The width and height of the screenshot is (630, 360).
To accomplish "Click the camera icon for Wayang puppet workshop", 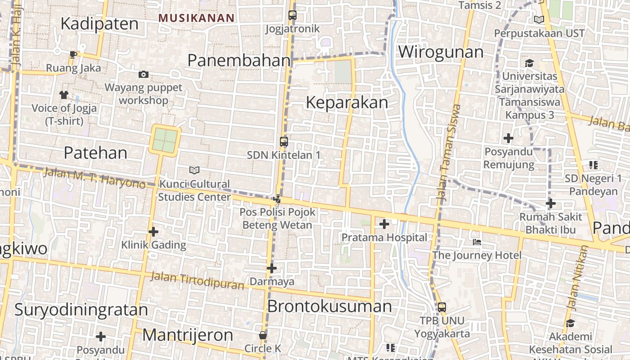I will [144, 74].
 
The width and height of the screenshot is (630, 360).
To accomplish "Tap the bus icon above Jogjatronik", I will [292, 15].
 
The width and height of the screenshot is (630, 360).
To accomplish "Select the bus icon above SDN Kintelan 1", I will [283, 142].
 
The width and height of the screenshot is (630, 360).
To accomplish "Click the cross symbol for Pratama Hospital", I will [384, 224].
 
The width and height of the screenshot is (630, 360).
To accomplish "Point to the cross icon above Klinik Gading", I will [153, 232].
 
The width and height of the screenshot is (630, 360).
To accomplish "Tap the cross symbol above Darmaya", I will [271, 268].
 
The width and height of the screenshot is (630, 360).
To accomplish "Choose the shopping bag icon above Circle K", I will [263, 335].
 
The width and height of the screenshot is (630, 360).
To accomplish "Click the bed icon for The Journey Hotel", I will [477, 242].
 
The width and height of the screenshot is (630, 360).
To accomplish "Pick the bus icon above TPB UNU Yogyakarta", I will [442, 307].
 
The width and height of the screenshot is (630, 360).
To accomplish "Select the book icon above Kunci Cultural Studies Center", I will [194, 170].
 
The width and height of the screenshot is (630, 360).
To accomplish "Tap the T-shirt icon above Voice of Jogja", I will [63, 94].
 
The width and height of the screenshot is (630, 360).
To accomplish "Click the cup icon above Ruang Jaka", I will [73, 55].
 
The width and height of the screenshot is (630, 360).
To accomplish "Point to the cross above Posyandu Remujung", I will [508, 138].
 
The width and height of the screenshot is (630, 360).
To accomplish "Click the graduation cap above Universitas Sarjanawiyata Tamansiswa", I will [529, 63].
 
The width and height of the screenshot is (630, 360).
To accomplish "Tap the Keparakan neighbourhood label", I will [346, 103].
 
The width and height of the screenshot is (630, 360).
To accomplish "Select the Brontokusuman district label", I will [329, 306].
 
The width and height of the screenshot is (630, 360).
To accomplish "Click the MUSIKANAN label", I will [197, 18].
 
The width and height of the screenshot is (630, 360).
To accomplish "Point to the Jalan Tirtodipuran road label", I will [198, 280].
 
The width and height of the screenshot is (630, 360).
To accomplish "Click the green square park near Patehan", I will [165, 140].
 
